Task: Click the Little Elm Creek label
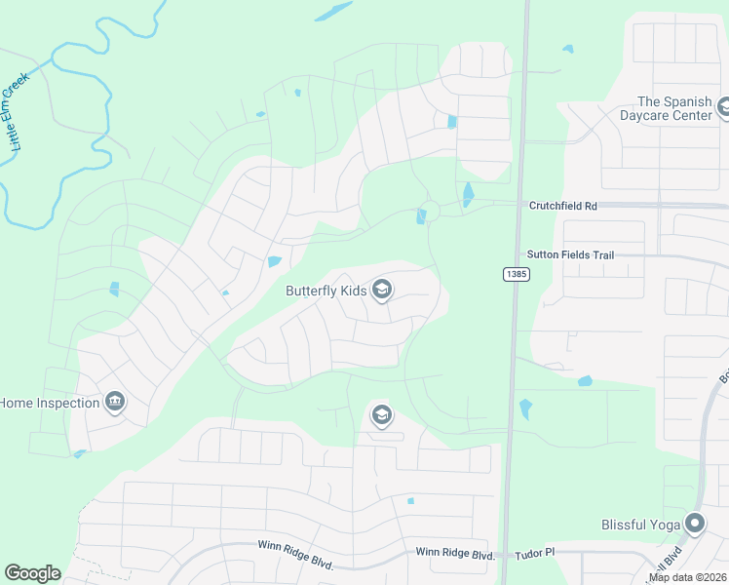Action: (x=17, y=114)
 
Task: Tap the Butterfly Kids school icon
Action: (x=382, y=289)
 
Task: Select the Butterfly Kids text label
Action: (x=326, y=291)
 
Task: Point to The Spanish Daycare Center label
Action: (x=674, y=108)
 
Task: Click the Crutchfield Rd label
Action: (x=561, y=206)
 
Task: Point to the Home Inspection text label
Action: (x=49, y=403)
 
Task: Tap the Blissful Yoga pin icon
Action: (x=694, y=525)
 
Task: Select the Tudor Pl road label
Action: (x=534, y=552)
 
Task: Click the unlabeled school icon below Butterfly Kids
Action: (x=381, y=415)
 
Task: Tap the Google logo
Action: (x=32, y=573)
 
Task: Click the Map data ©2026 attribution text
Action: (x=687, y=577)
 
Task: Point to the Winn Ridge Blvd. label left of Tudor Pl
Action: (x=454, y=553)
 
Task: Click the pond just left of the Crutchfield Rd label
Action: (x=468, y=195)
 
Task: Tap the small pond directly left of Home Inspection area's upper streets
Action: (x=114, y=289)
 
